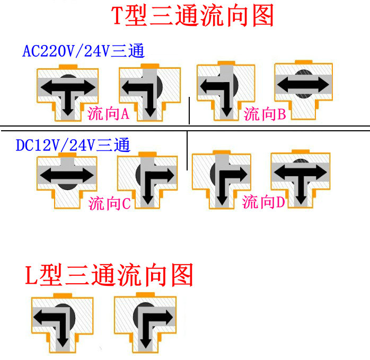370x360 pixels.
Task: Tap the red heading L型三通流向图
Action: point(109,276)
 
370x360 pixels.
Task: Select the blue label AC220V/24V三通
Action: point(84,51)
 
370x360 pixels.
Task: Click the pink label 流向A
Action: point(109,113)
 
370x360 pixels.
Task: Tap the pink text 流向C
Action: point(109,203)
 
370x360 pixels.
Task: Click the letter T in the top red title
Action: point(118,17)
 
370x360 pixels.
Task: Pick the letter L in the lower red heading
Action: point(32,276)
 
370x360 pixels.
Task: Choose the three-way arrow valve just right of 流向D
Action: point(300,178)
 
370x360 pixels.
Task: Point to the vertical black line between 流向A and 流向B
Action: point(189,110)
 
